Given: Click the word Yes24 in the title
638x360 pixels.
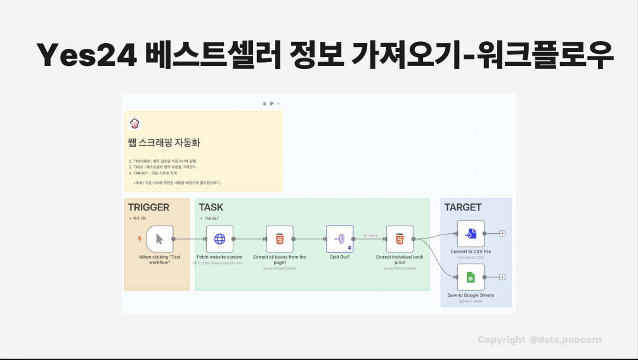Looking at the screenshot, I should pyautogui.click(x=86, y=56).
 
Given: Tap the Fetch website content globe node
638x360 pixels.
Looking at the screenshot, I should pyautogui.click(x=219, y=239).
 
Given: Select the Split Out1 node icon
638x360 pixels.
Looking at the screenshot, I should pyautogui.click(x=339, y=239).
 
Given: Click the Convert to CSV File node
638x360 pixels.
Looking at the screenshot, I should pyautogui.click(x=471, y=234).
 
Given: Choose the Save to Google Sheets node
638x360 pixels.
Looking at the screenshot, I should pyautogui.click(x=471, y=277).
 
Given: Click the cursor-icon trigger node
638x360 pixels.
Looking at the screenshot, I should pyautogui.click(x=159, y=239).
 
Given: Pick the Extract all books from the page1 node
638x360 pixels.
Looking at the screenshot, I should pyautogui.click(x=280, y=239).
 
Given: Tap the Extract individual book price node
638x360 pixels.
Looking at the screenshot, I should pyautogui.click(x=400, y=239).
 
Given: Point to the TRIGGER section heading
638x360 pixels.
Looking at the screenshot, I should pyautogui.click(x=148, y=207).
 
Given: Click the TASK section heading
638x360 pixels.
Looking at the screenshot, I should pyautogui.click(x=211, y=207).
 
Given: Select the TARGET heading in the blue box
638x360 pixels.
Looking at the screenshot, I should pyautogui.click(x=462, y=207).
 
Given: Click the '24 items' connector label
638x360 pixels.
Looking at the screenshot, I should pyautogui.click(x=370, y=235).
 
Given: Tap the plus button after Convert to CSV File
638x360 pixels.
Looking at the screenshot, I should pyautogui.click(x=502, y=234).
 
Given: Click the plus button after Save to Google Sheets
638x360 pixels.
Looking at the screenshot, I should pyautogui.click(x=502, y=277).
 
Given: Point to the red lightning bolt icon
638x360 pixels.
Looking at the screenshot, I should pyautogui.click(x=140, y=239).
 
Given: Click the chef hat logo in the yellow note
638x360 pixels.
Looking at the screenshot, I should pyautogui.click(x=134, y=124).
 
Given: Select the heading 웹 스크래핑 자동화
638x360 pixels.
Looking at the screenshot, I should pyautogui.click(x=164, y=143).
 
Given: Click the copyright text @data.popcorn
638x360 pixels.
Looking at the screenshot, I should pyautogui.click(x=565, y=340).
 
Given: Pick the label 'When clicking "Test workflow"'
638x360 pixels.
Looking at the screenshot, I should pyautogui.click(x=159, y=259).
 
